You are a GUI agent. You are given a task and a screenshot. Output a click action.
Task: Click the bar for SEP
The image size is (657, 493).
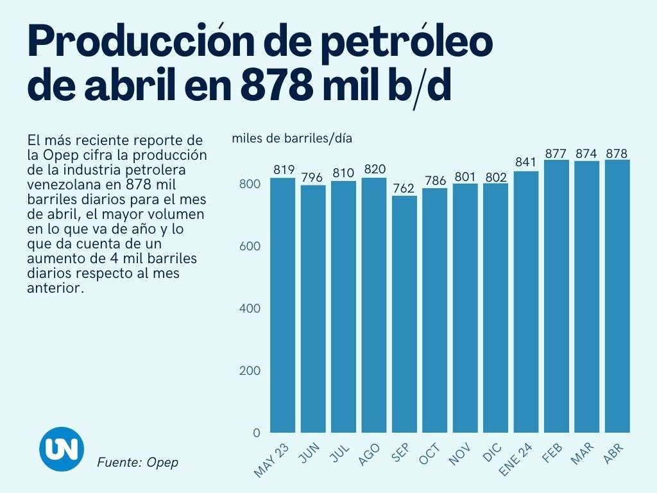(404, 314)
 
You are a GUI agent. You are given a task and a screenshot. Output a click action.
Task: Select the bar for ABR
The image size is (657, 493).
(617, 296)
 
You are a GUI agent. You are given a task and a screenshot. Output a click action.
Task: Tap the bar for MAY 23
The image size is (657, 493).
(282, 305)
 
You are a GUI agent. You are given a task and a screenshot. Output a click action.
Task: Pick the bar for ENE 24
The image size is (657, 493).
(525, 302)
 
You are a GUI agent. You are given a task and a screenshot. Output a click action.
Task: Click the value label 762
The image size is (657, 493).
(404, 189)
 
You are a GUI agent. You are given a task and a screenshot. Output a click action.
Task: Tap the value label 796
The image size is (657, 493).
(312, 177)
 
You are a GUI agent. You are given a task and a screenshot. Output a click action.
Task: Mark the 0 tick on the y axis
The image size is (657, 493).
(256, 433)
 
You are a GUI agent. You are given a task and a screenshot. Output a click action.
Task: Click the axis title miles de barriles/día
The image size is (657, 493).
(292, 138)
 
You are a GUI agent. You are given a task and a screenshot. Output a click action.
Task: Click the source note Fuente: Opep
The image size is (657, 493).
(137, 462)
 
